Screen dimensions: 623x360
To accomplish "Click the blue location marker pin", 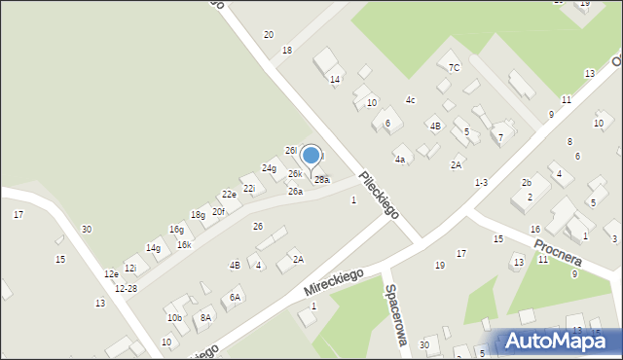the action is click(311, 157).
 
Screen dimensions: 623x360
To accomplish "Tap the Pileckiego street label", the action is click(380, 195).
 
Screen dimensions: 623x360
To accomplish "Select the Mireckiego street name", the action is click(333, 282).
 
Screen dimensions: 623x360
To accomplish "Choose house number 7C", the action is click(454, 67).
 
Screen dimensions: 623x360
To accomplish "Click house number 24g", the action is click(269, 168).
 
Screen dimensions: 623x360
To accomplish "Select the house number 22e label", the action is click(229, 195).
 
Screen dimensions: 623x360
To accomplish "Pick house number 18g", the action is click(198, 214).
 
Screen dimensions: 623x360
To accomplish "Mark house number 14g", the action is click(153, 248).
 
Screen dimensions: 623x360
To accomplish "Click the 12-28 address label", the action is click(126, 289).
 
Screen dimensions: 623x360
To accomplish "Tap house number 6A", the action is click(235, 298).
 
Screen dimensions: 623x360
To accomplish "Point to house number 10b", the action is click(174, 318).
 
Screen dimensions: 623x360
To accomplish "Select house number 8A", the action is click(205, 317).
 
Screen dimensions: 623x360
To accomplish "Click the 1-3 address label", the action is click(481, 183).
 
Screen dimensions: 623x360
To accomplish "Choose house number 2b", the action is click(526, 182).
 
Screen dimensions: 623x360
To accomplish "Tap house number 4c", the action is click(411, 100).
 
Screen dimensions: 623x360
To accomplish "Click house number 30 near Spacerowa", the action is click(424, 344).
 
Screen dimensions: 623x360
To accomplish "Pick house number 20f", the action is click(219, 211).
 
